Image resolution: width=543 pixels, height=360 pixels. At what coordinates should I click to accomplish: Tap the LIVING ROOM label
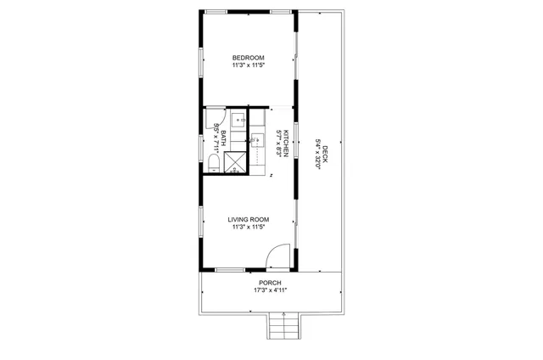(x=248, y=220)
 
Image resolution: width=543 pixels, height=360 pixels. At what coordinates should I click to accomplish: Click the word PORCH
(x=270, y=283)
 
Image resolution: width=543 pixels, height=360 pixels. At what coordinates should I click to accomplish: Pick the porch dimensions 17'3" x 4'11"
(x=270, y=290)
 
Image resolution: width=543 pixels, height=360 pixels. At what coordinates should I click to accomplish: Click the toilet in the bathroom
(x=214, y=162)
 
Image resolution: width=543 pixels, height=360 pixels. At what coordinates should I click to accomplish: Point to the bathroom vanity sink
(x=238, y=121)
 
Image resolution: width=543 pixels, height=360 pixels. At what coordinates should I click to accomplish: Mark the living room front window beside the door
(x=230, y=270)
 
